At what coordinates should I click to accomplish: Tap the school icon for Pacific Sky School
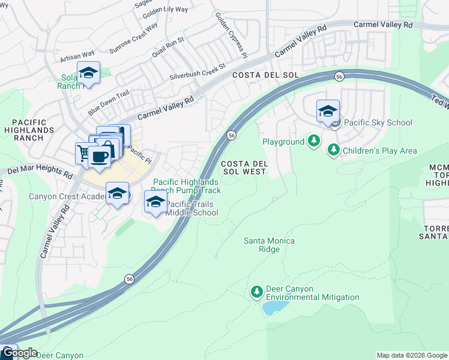[328, 112]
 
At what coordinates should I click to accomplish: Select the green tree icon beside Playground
[313, 142]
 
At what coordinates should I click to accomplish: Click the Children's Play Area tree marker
[333, 151]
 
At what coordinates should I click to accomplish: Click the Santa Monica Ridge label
[269, 245]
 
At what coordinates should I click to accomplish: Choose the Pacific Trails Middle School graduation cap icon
[155, 202]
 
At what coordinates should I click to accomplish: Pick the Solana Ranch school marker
[89, 74]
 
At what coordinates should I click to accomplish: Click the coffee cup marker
[99, 158]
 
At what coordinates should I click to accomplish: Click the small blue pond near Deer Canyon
[273, 308]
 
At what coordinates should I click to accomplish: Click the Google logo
[19, 353]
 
